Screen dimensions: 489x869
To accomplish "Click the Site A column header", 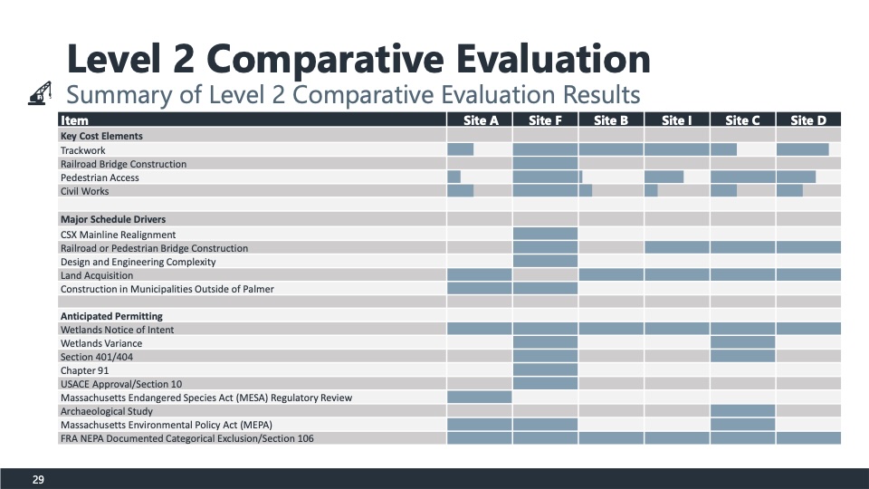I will (480, 120).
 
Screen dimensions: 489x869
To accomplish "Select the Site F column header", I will (545, 120).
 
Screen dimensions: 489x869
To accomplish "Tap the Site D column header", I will (807, 120).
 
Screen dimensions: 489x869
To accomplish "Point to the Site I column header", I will (676, 120).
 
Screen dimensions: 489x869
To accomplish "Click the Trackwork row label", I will (82, 149).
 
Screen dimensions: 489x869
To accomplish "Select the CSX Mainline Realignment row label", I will (118, 235).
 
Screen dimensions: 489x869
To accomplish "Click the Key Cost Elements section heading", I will (101, 136).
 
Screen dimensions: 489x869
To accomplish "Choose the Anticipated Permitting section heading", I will (111, 316).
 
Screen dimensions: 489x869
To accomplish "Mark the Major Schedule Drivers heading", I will (112, 219).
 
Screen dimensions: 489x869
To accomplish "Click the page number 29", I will (38, 479).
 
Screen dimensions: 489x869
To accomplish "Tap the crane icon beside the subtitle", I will (40, 94).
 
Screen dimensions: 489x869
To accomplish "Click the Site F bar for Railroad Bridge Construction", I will (545, 164).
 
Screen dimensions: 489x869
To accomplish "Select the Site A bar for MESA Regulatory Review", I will (480, 398).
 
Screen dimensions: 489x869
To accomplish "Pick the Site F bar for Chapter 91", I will (545, 370).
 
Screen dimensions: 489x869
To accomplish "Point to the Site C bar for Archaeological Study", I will (742, 411).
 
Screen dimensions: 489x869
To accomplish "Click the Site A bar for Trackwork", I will (461, 149).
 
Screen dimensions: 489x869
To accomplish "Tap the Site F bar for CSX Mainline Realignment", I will (545, 235).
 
